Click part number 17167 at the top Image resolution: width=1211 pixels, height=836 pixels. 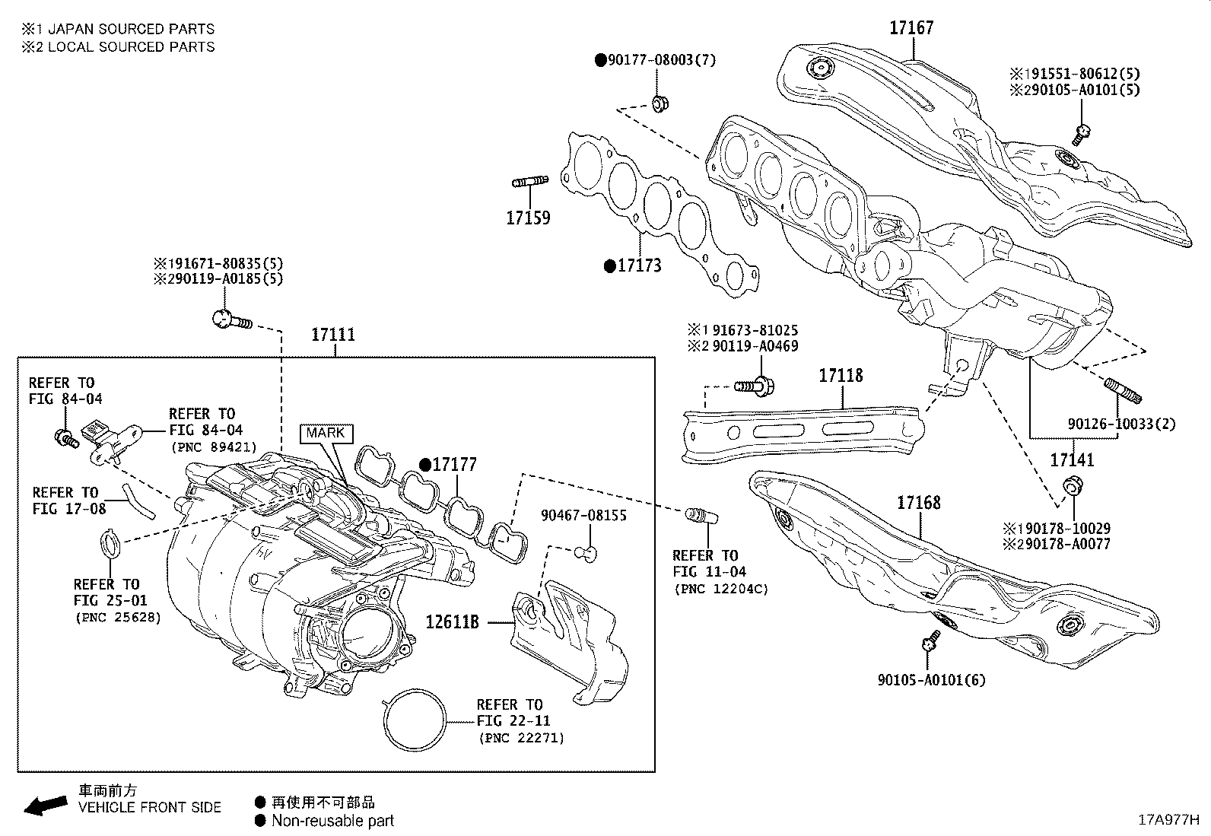tap(911, 28)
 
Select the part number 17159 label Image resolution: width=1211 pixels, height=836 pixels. tap(528, 218)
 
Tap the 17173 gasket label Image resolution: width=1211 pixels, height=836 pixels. tap(638, 265)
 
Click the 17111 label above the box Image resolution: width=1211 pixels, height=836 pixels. tap(333, 335)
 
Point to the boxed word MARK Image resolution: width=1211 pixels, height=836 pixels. tap(326, 433)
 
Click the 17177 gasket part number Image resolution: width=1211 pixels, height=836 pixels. tap(454, 465)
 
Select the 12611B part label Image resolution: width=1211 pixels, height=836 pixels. tap(452, 622)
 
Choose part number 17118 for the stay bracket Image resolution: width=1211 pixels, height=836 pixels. tap(841, 376)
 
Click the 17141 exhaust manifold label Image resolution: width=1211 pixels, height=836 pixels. tap(1072, 460)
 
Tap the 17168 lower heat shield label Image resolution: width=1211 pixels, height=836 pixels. tap(918, 503)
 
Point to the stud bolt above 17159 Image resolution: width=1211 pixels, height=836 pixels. tap(530, 182)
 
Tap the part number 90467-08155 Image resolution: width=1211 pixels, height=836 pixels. tap(583, 516)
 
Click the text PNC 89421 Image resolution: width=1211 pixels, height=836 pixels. tap(214, 447)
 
